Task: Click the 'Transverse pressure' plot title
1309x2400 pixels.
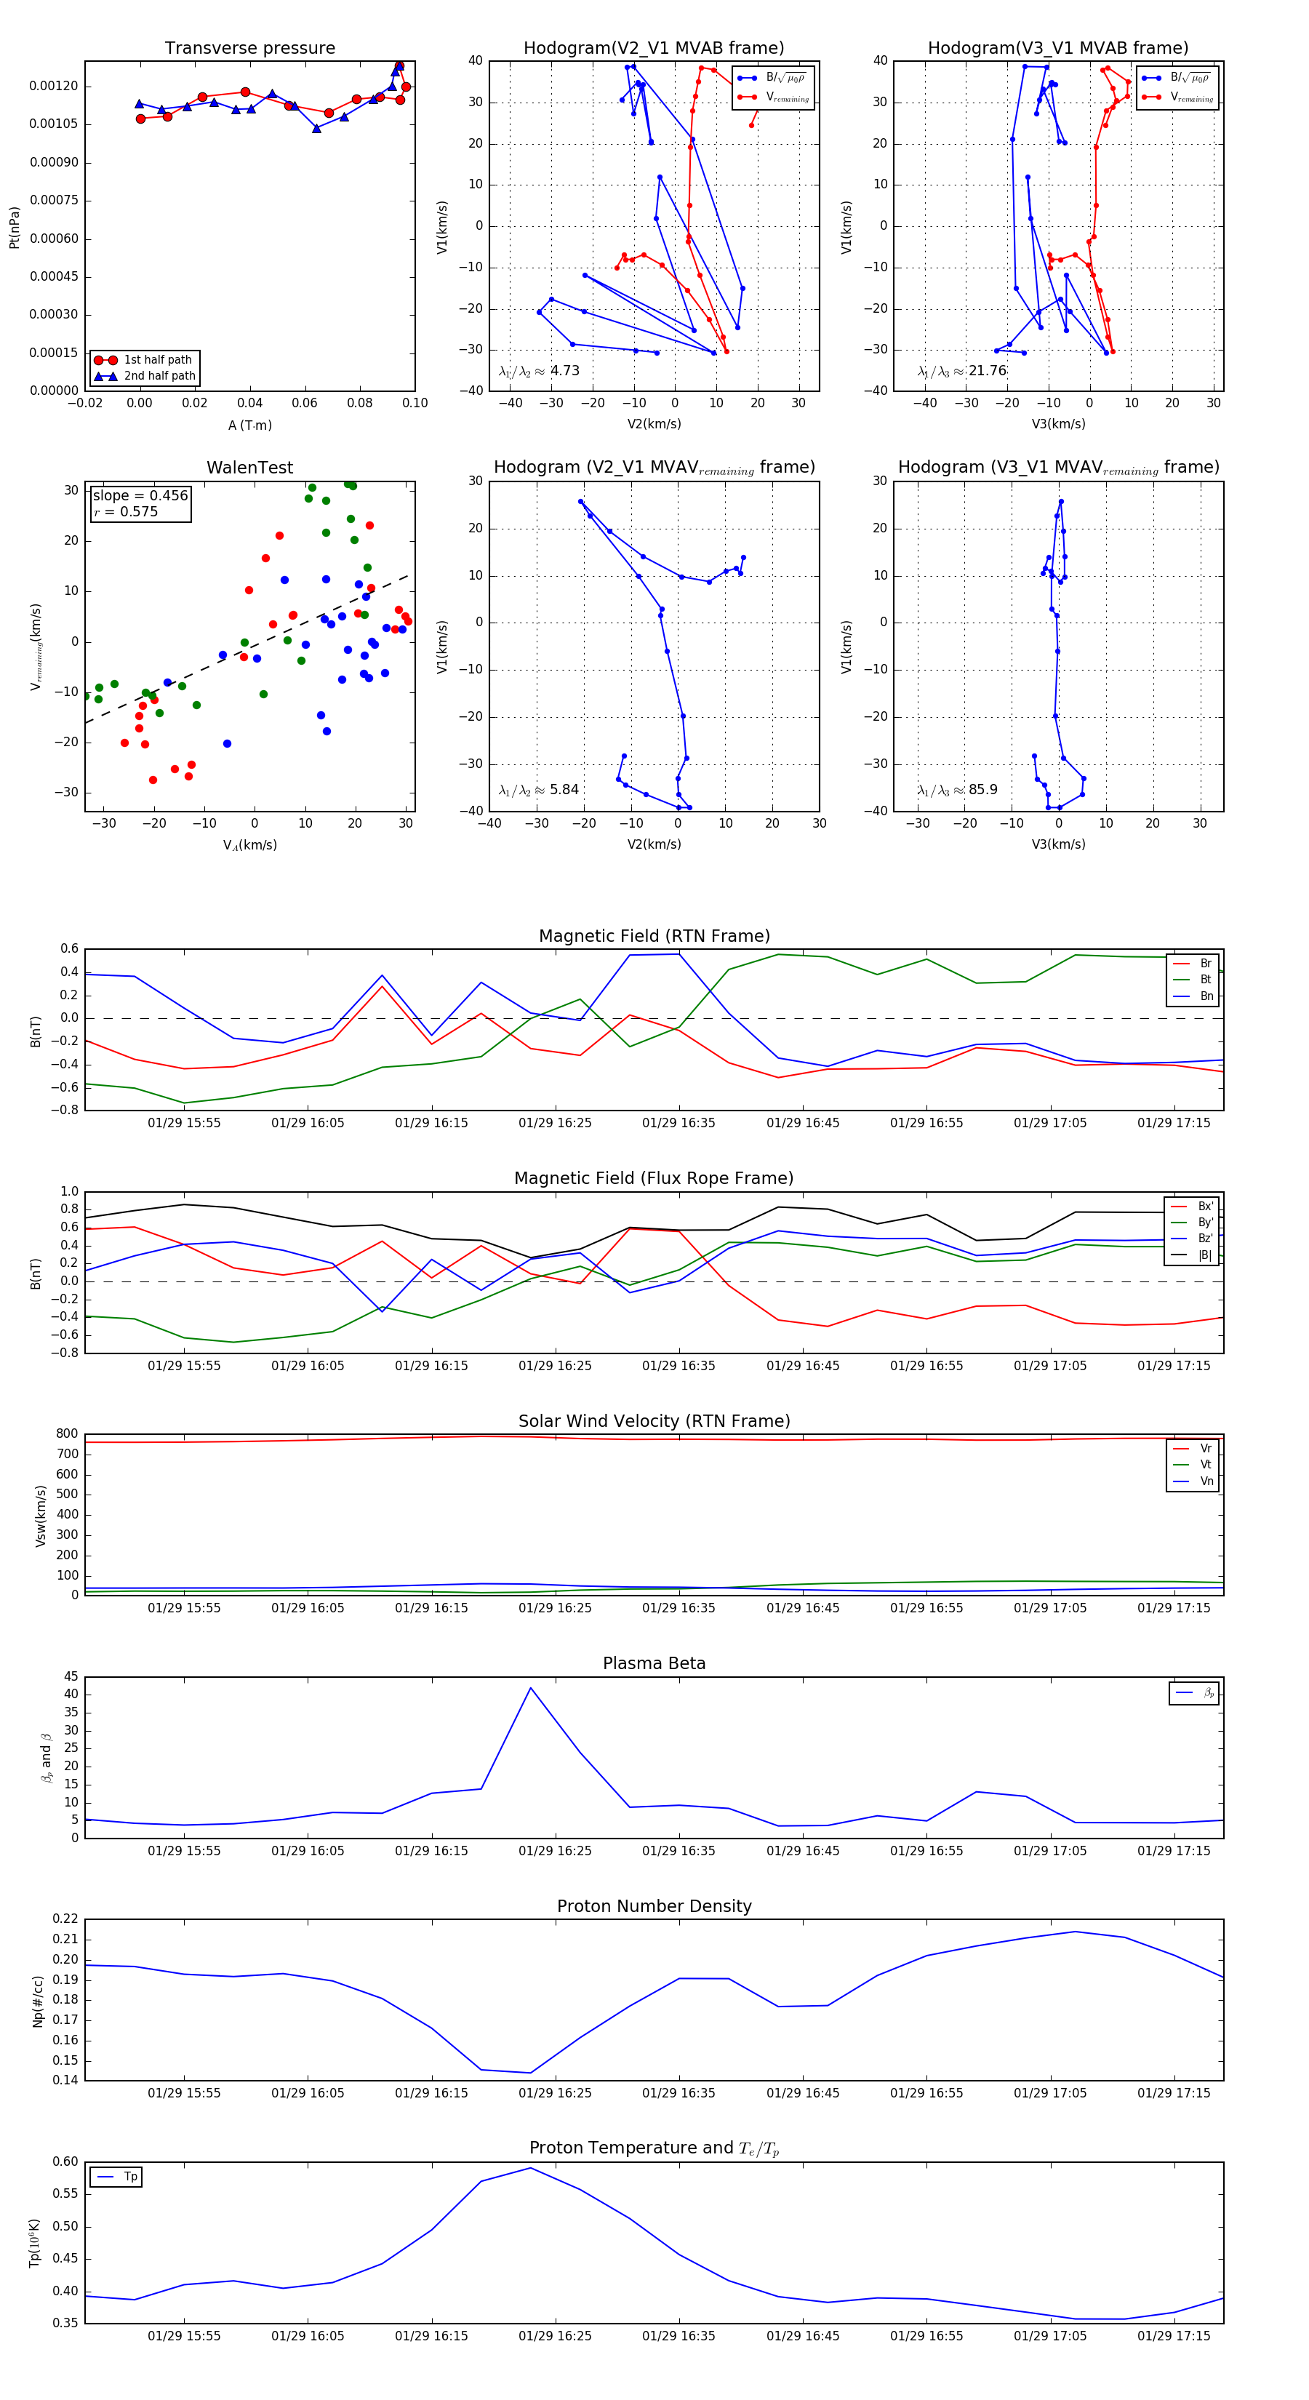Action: tap(249, 49)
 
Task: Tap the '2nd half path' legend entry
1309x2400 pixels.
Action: tap(159, 375)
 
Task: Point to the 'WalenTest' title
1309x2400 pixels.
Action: tap(249, 468)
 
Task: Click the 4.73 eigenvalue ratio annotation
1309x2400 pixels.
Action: tap(564, 371)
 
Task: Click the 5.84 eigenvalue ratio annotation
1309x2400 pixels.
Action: tap(564, 790)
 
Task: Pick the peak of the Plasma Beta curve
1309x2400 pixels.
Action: tap(530, 1687)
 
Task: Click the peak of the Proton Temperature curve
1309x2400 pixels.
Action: tap(530, 2167)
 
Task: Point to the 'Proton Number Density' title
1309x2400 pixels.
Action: tap(654, 1906)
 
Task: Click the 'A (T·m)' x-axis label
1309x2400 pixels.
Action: tap(249, 425)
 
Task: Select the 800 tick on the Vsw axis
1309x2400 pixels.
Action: tap(66, 1434)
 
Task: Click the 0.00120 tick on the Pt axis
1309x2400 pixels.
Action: tap(53, 87)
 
